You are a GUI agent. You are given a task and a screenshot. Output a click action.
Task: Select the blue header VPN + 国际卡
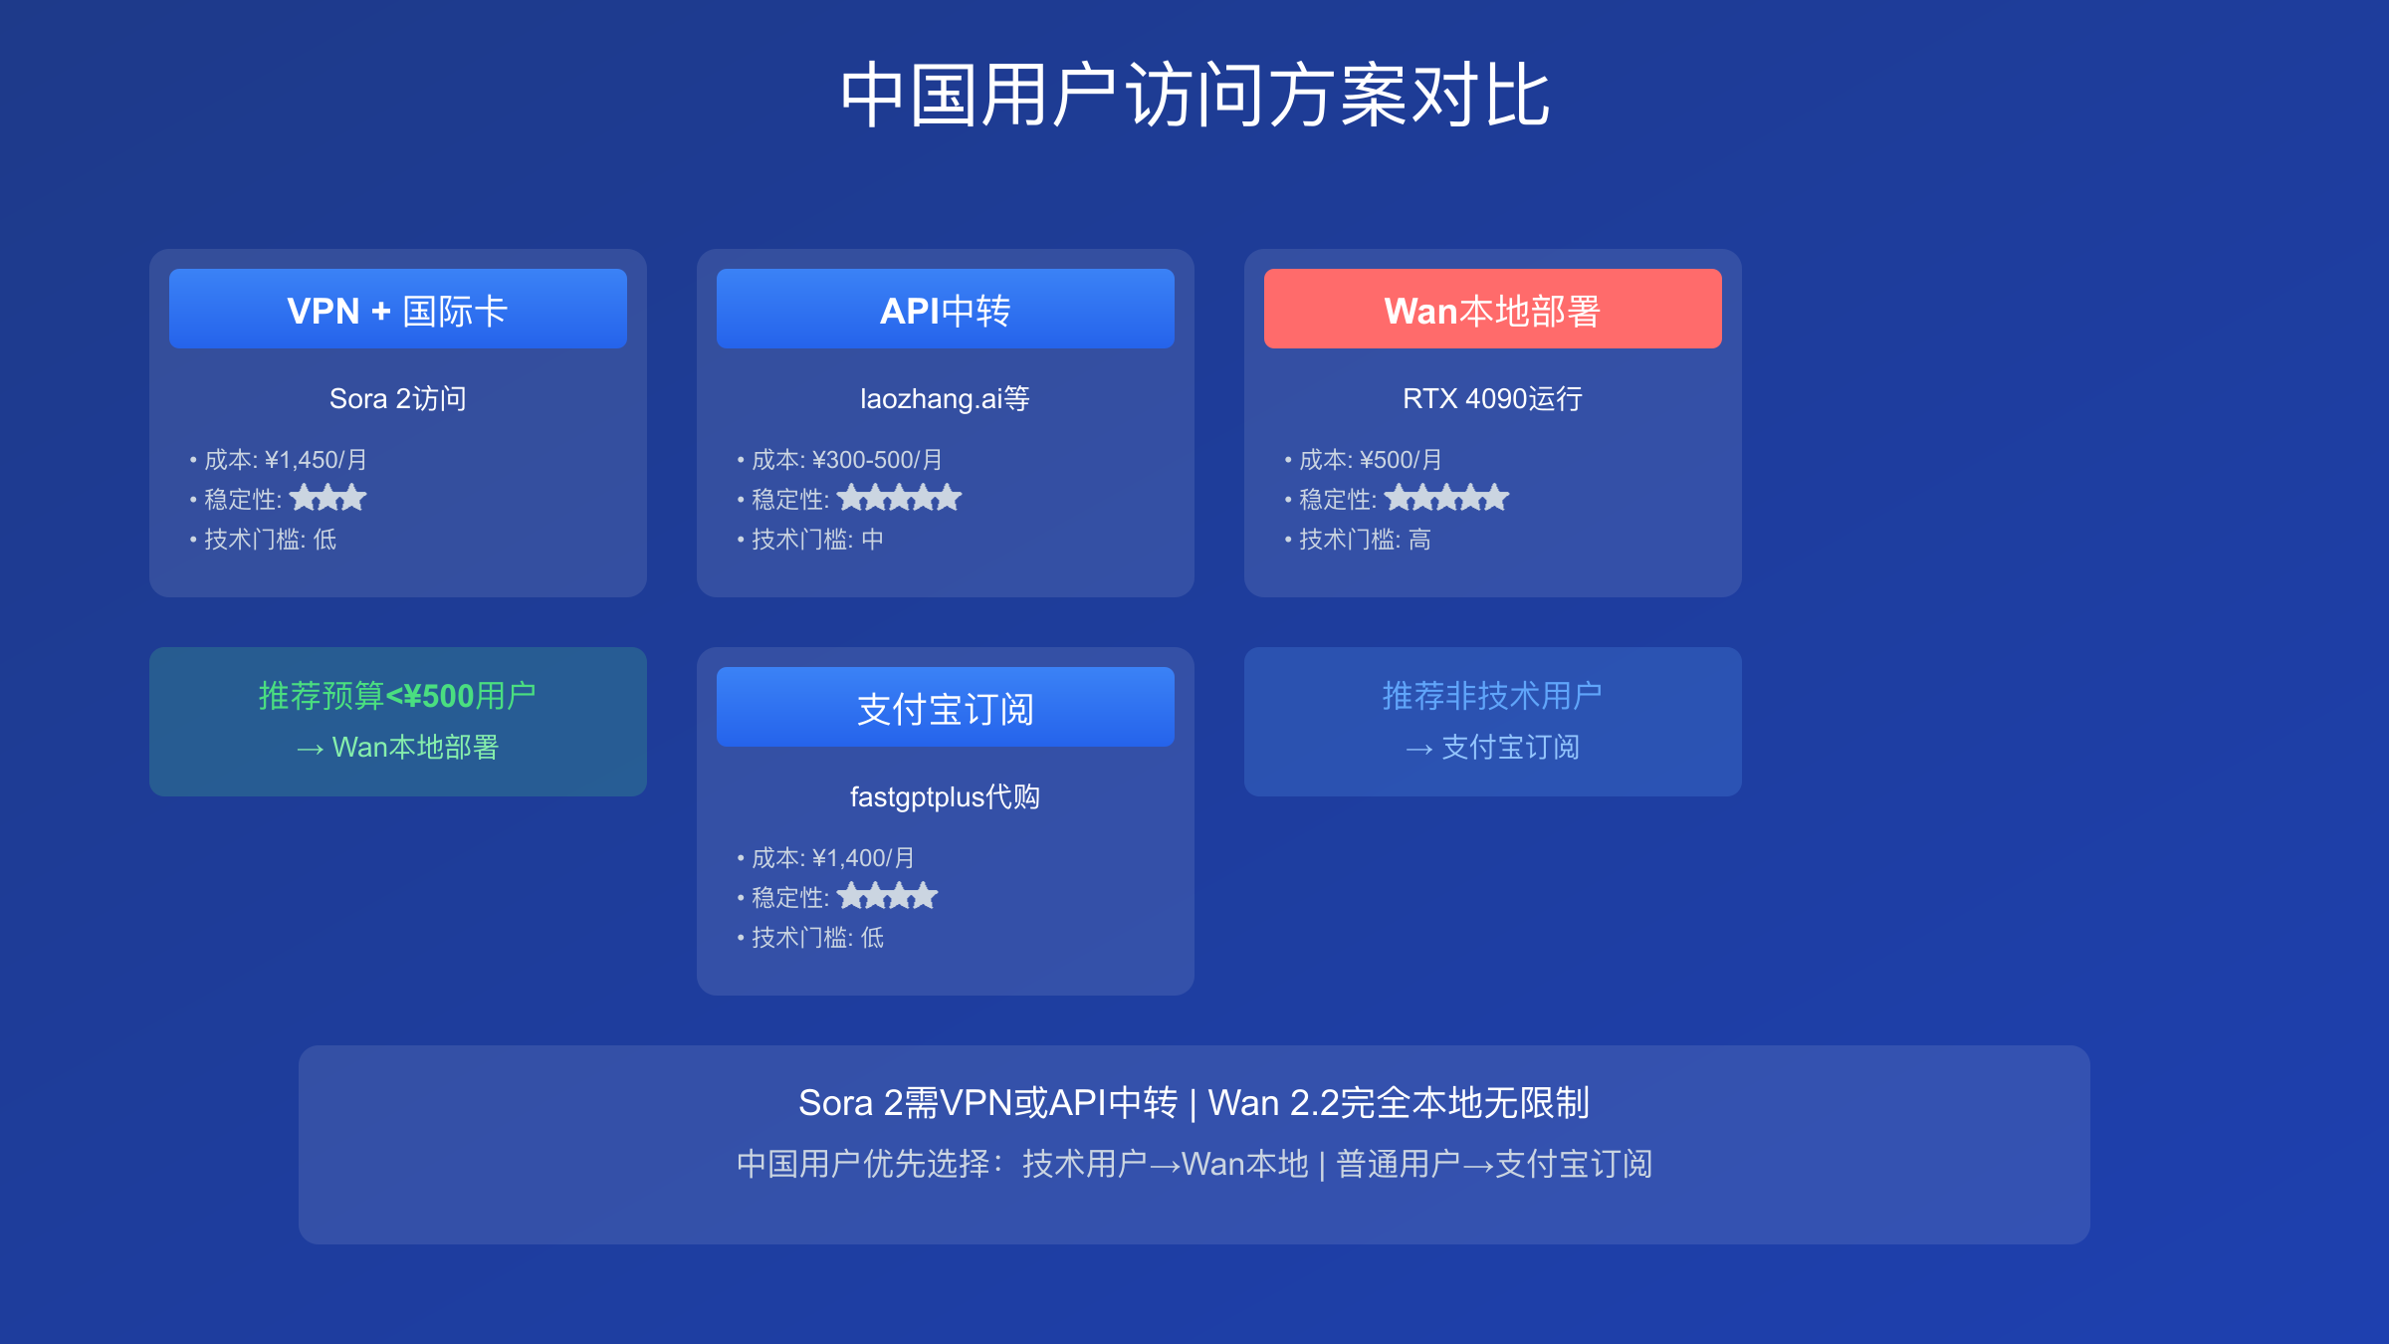pyautogui.click(x=398, y=309)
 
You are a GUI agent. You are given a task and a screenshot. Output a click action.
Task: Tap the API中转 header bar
pyautogui.click(x=946, y=309)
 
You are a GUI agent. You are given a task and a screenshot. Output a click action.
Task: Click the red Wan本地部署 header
pyautogui.click(x=1493, y=309)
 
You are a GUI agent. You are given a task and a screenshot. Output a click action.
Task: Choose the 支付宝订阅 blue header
pyautogui.click(x=946, y=707)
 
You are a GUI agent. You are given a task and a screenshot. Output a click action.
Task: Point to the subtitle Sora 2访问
pyautogui.click(x=398, y=398)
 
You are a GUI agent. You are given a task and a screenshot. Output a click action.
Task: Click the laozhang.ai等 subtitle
pyautogui.click(x=945, y=398)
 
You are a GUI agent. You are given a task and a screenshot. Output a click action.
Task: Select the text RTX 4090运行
pyautogui.click(x=1492, y=398)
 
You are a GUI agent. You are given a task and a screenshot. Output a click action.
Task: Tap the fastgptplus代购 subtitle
pyautogui.click(x=945, y=796)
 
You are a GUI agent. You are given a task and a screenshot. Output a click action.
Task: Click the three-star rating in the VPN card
pyautogui.click(x=328, y=497)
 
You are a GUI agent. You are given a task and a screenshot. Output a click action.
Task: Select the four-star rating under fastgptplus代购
pyautogui.click(x=887, y=895)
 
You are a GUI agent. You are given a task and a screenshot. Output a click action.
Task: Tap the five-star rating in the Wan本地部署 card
pyautogui.click(x=1447, y=497)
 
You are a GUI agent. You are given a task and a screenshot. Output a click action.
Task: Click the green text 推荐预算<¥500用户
pyautogui.click(x=397, y=695)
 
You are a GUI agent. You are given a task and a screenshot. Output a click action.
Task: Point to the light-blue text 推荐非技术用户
pyautogui.click(x=1492, y=695)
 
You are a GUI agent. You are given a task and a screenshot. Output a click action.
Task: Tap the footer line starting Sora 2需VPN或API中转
pyautogui.click(x=1194, y=1102)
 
